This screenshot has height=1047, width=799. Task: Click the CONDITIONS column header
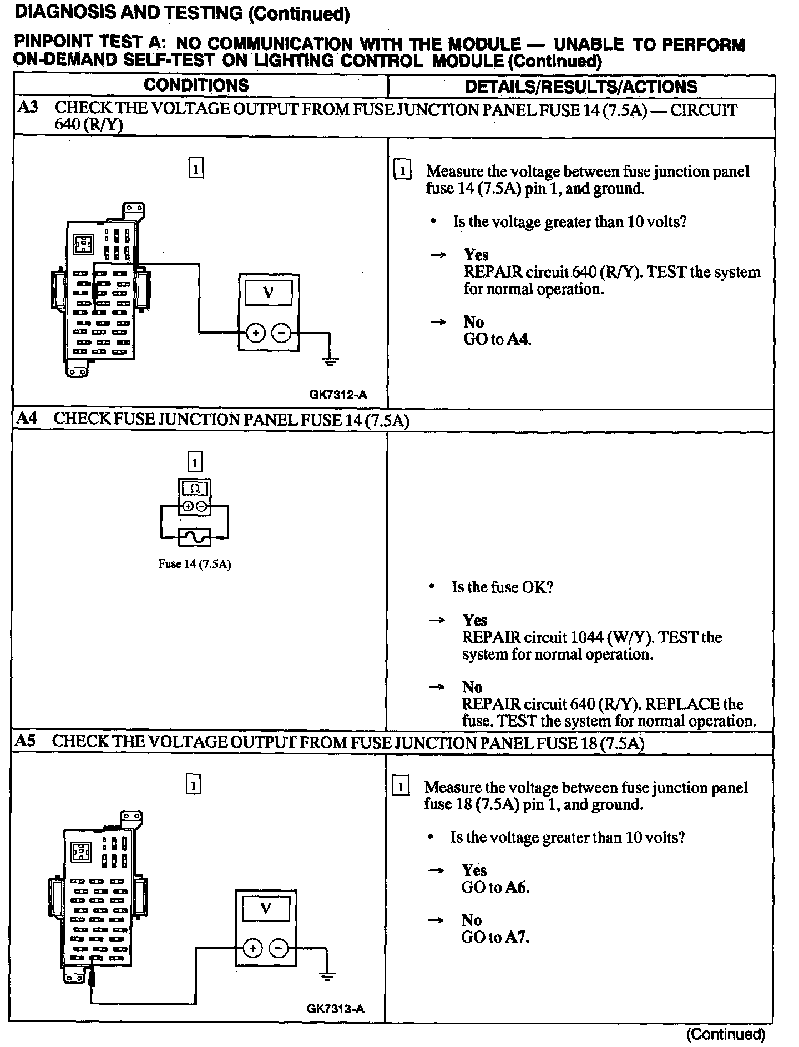(196, 85)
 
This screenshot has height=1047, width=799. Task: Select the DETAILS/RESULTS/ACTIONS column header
(581, 87)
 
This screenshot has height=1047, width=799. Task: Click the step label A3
(28, 107)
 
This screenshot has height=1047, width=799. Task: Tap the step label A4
(27, 418)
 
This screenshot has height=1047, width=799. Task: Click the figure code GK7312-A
(338, 395)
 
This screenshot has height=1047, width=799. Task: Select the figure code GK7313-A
(336, 1009)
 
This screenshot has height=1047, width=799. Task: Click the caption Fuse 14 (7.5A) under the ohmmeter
(195, 564)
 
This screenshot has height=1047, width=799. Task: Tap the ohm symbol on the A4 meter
(195, 489)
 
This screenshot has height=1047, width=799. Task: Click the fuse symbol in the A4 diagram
(195, 537)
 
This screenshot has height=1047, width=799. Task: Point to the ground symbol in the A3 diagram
(330, 362)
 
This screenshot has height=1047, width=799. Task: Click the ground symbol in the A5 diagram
(327, 976)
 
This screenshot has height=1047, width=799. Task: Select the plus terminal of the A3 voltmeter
(255, 333)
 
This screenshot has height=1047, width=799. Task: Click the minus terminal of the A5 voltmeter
(279, 948)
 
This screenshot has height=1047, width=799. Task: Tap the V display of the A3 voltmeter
(269, 291)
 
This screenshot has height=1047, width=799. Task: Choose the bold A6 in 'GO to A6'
(517, 887)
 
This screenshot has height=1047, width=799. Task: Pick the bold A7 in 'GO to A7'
(517, 937)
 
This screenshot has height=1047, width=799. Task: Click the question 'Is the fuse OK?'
(503, 587)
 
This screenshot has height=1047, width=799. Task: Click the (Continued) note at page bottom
(726, 1034)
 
